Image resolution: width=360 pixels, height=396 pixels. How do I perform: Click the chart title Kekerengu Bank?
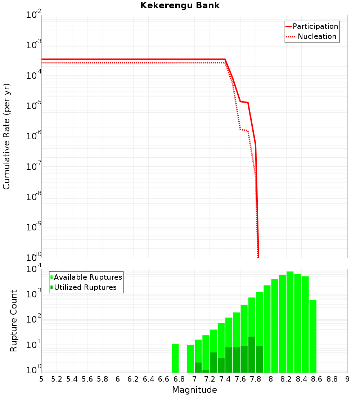coord(180,6)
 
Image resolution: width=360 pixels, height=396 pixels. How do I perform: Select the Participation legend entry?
coord(315,26)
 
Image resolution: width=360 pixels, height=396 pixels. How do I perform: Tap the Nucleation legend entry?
coord(317,36)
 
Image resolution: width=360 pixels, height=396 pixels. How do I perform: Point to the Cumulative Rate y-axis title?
coord(7,136)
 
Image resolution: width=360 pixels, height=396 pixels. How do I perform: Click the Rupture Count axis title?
coord(14,321)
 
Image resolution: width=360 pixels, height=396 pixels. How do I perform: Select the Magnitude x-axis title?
coord(194,390)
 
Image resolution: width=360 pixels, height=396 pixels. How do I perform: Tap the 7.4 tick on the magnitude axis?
coord(225,379)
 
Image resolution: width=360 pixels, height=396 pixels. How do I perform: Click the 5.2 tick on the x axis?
coord(57,379)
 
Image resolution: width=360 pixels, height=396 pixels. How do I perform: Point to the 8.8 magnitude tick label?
coord(332,379)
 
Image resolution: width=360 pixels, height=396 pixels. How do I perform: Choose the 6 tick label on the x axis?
coord(118,379)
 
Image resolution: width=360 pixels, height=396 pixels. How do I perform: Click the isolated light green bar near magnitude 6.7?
coord(175,358)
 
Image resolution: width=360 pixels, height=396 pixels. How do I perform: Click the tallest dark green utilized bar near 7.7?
coord(252,355)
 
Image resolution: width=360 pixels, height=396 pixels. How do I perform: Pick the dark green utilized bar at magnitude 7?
coord(198,368)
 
